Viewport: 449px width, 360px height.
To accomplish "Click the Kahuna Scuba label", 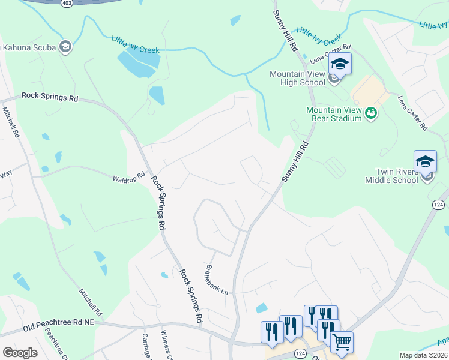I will click(29, 47).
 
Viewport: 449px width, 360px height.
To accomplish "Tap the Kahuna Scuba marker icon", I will click(65, 47).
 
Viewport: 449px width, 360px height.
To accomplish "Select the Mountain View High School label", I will click(297, 78).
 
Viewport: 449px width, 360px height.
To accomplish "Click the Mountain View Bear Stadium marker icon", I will click(371, 112).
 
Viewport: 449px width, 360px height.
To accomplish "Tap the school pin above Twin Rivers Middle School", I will click(425, 161).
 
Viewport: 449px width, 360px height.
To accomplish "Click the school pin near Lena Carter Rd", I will click(340, 65).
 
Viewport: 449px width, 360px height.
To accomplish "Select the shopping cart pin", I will click(342, 342).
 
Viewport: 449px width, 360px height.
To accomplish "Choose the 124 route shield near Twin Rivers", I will click(438, 205).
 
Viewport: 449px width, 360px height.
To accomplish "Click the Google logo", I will click(20, 353).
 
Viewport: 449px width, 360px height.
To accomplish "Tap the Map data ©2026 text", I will click(424, 355).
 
